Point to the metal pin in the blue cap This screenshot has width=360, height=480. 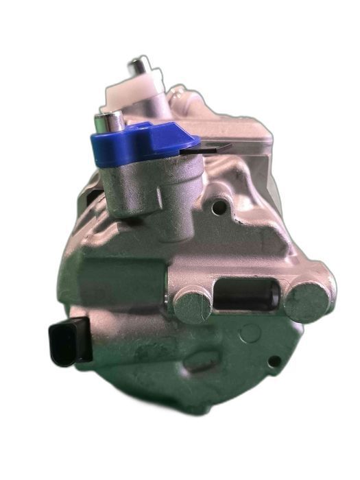coord(109,123)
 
